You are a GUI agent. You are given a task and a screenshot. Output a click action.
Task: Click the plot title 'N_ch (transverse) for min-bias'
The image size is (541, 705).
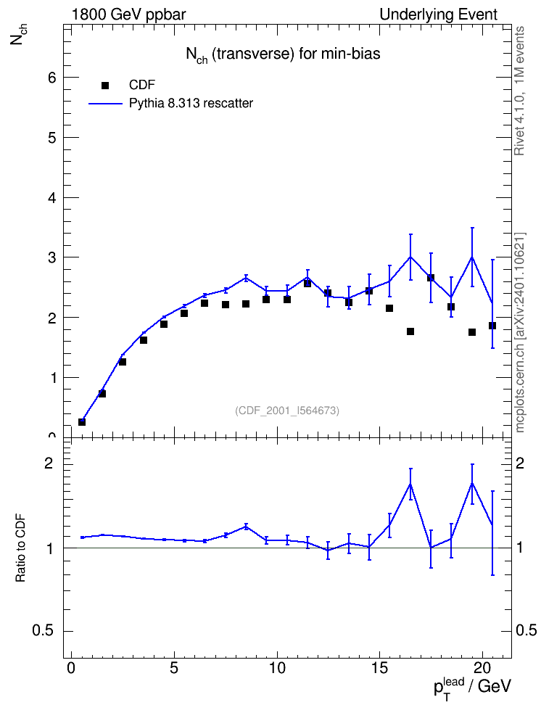tap(284, 54)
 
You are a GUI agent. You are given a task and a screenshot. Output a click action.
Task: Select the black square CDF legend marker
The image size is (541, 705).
tap(105, 85)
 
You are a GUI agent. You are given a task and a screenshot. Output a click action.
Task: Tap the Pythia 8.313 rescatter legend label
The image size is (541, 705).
tap(191, 104)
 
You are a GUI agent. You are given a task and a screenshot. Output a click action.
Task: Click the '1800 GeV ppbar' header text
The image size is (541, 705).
tap(128, 15)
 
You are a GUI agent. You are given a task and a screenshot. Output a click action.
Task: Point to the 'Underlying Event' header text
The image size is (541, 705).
tap(439, 15)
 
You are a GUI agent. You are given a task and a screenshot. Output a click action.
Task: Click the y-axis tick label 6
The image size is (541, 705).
tap(53, 78)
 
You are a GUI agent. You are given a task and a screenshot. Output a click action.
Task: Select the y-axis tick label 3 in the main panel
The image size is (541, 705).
tap(53, 257)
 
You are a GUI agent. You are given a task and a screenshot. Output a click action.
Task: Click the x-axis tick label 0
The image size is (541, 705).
tap(71, 668)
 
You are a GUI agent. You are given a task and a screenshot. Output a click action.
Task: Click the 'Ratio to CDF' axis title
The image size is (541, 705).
tap(20, 548)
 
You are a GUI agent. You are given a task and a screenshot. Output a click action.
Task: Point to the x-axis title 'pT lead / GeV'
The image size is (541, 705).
tap(472, 687)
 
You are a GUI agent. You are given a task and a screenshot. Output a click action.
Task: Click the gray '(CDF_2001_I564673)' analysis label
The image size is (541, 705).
tap(287, 411)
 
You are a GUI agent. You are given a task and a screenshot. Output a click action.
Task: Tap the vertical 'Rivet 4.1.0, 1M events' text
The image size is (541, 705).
tap(519, 91)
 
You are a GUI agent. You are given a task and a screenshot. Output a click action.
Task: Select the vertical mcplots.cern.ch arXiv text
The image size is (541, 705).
tap(519, 332)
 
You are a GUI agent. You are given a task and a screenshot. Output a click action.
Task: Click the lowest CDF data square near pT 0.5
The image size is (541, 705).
tap(82, 421)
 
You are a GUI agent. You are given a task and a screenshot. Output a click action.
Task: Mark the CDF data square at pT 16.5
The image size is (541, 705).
tap(410, 331)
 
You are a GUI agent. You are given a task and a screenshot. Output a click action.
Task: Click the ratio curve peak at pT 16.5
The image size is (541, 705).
tap(410, 484)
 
